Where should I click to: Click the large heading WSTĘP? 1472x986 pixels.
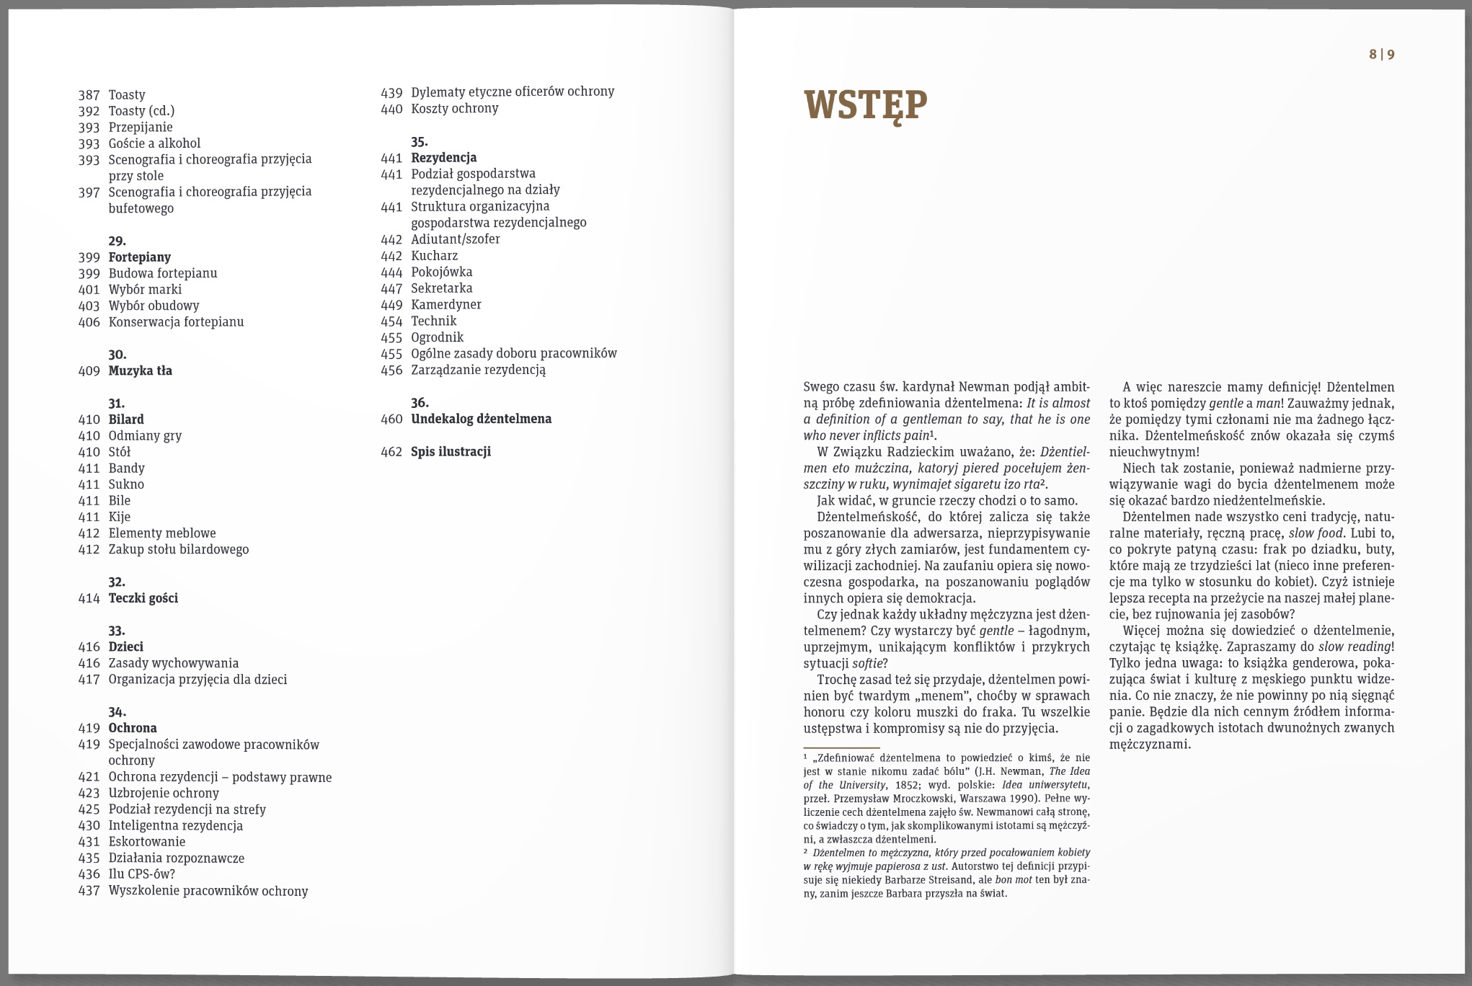(865, 106)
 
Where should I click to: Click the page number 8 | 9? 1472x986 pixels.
(1381, 55)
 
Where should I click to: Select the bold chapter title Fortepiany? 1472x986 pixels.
(140, 257)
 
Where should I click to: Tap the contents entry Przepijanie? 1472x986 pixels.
(141, 128)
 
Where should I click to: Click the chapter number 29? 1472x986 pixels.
(117, 241)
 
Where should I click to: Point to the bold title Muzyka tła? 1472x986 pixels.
(141, 371)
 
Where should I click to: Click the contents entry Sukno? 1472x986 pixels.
(126, 484)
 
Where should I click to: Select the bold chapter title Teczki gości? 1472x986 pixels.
(143, 598)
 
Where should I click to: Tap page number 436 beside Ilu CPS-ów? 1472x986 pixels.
(89, 874)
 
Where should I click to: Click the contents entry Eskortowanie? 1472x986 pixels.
(147, 842)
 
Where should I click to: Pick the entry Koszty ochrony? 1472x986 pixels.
(454, 109)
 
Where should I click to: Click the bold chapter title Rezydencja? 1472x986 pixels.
(444, 158)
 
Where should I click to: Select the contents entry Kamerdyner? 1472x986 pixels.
(446, 305)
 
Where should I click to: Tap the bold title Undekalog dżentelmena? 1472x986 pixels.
(481, 419)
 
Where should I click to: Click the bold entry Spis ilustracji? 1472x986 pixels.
(451, 452)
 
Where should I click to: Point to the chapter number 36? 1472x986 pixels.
(420, 403)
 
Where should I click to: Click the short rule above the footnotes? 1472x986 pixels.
(841, 748)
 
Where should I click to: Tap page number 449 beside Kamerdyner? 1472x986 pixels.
(391, 305)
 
